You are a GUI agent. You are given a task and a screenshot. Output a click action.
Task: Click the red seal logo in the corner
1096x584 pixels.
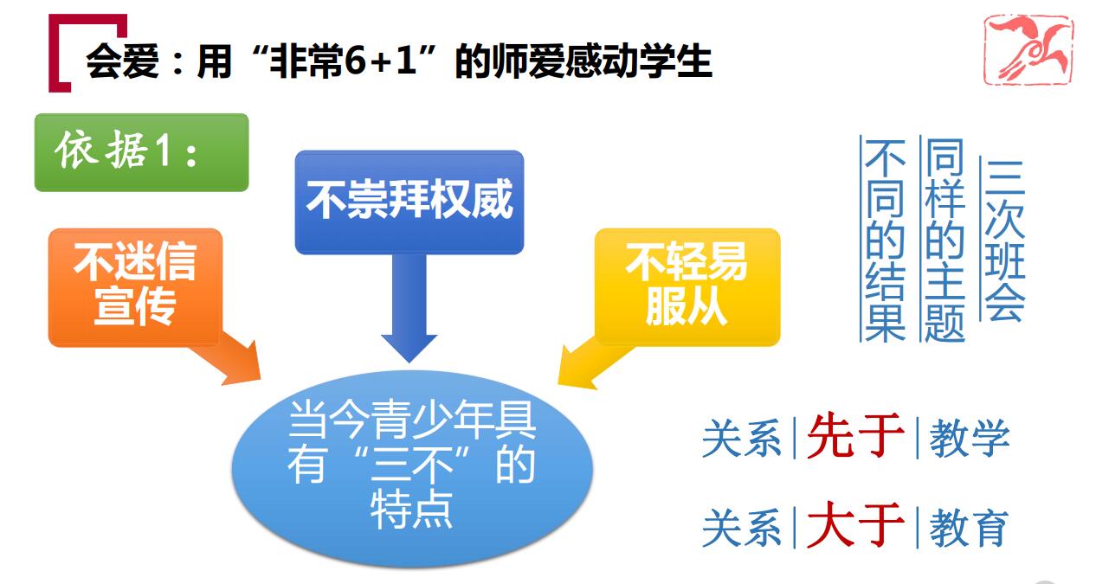point(1028,49)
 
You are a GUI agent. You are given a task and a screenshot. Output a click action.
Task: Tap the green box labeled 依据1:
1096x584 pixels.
point(141,152)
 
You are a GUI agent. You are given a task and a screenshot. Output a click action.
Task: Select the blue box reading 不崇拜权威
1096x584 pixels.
point(409,202)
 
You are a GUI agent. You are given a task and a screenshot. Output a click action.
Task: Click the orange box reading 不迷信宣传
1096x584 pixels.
point(136,287)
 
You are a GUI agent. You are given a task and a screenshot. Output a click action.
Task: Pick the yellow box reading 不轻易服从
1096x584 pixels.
point(687,286)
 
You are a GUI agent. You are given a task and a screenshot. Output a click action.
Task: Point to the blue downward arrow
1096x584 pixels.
point(409,308)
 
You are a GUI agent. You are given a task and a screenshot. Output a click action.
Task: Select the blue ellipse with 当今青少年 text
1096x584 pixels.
point(412,469)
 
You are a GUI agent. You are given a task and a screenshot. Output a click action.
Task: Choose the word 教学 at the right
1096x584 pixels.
point(970,438)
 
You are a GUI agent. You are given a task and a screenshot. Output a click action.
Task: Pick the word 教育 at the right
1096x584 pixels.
point(970,527)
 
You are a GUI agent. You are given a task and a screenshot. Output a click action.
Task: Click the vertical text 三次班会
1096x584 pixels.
point(1004,240)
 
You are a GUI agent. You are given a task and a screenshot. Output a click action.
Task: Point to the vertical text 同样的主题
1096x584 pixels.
point(944,240)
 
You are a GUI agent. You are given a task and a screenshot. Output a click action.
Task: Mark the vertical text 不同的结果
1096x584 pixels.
point(885,240)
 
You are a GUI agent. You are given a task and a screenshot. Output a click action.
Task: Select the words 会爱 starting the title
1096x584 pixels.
point(122,61)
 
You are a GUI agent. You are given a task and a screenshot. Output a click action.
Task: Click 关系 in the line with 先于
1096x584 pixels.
point(742,438)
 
